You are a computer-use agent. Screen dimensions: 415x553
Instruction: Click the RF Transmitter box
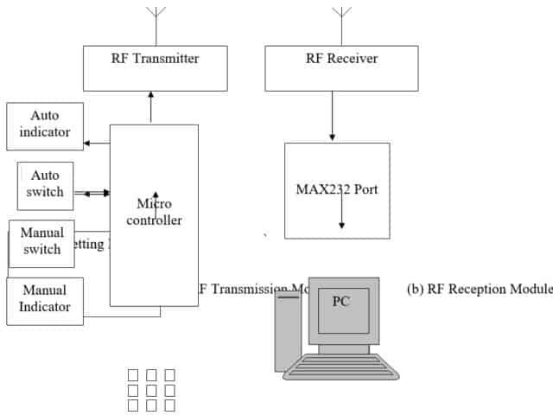[155, 67]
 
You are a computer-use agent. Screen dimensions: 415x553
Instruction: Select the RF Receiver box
[340, 67]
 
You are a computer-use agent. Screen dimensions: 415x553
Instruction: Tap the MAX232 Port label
[337, 189]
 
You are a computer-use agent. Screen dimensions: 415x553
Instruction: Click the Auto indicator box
[45, 126]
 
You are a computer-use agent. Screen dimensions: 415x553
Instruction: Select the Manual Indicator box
[45, 300]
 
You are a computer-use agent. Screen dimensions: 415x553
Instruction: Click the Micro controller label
[155, 212]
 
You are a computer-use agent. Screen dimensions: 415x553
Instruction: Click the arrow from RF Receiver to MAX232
[333, 116]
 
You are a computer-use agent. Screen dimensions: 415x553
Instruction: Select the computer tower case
[288, 333]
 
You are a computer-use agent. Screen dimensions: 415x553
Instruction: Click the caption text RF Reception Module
[479, 289]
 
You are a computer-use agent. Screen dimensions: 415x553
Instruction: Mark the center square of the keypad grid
[151, 390]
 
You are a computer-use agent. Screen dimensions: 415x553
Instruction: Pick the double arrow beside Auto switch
[92, 194]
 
